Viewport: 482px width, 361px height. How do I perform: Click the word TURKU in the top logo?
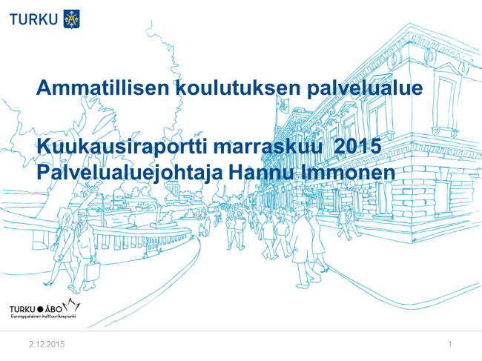click(x=33, y=19)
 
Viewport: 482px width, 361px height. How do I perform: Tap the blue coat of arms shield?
click(x=72, y=19)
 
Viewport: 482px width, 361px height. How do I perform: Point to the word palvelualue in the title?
click(x=365, y=89)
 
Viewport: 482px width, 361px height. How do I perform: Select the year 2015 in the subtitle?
click(x=357, y=146)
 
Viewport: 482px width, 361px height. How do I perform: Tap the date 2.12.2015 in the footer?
click(x=47, y=344)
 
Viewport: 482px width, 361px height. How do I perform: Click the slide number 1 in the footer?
click(x=450, y=344)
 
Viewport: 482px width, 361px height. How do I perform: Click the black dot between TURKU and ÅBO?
click(x=40, y=309)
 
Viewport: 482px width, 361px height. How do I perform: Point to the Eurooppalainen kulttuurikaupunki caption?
click(x=43, y=316)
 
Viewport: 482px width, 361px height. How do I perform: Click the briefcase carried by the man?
click(x=92, y=271)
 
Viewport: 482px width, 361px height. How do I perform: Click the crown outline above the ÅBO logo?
click(x=71, y=304)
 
